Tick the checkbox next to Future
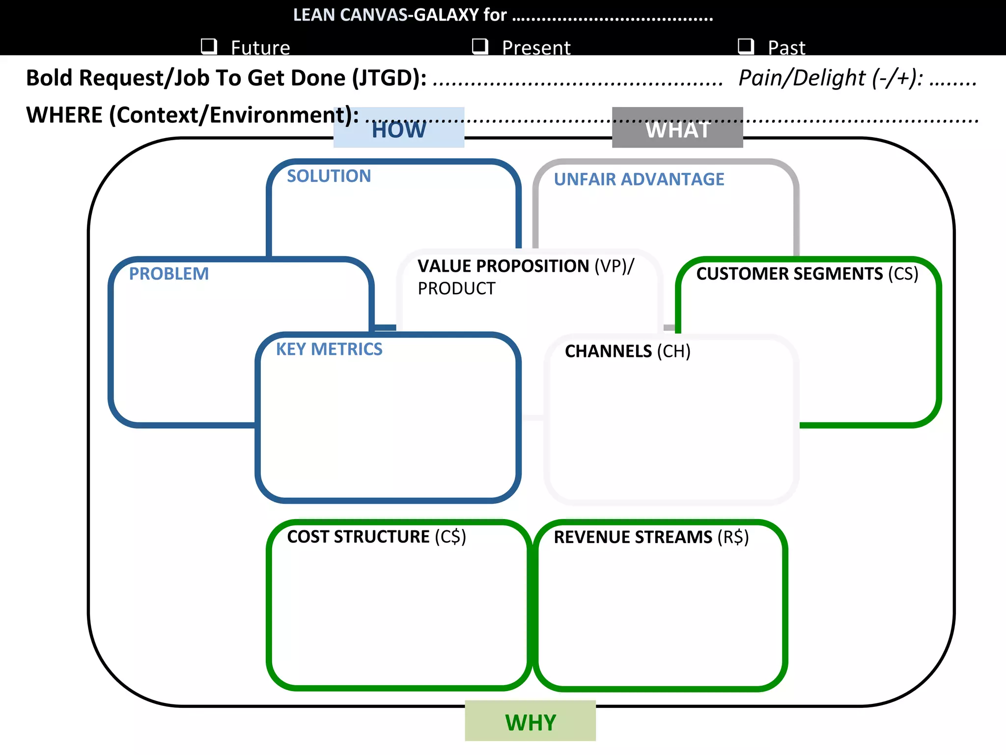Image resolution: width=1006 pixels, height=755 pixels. tap(209, 46)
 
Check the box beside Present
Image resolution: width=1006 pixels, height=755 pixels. tap(479, 46)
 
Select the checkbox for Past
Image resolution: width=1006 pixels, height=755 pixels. tap(746, 46)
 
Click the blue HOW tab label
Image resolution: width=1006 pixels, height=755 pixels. tap(398, 129)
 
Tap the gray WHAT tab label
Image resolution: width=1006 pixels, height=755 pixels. tap(677, 129)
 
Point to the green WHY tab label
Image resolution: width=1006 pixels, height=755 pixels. tap(531, 723)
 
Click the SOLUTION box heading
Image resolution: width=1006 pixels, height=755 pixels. tap(329, 176)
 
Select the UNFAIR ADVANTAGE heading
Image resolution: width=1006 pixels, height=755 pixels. tap(639, 179)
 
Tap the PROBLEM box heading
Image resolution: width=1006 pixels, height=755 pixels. tap(168, 274)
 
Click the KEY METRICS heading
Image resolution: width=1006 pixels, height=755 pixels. tap(329, 349)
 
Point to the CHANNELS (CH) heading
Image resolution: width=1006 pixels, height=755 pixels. tap(627, 351)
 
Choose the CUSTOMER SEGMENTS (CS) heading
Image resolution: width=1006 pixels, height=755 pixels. tap(807, 274)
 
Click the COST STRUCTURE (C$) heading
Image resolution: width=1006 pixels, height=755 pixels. tap(376, 536)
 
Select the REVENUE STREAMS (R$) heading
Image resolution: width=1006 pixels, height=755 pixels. tap(651, 537)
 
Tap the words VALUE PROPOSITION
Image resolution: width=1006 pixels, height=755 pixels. tap(503, 266)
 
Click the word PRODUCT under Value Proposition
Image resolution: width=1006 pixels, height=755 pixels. tap(456, 289)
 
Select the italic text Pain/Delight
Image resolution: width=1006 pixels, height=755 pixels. tap(802, 78)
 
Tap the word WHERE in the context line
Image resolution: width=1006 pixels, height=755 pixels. tap(64, 115)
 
